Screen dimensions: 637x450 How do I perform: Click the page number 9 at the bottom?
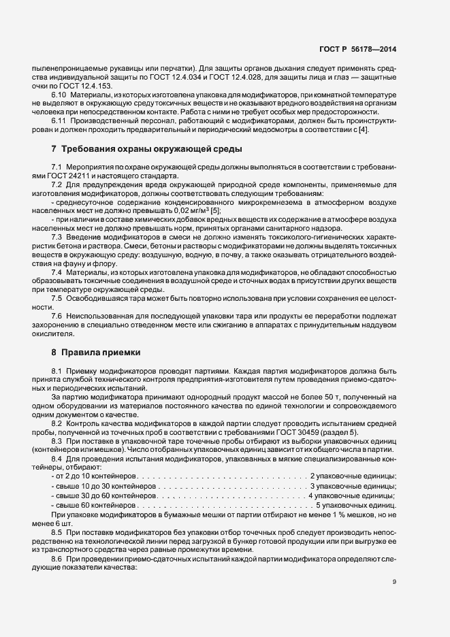[x=395, y=581]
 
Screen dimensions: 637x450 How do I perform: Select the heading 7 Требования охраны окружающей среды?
[x=146, y=149]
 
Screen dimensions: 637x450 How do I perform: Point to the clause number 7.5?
[x=57, y=299]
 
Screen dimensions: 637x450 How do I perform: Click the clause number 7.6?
[x=57, y=317]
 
